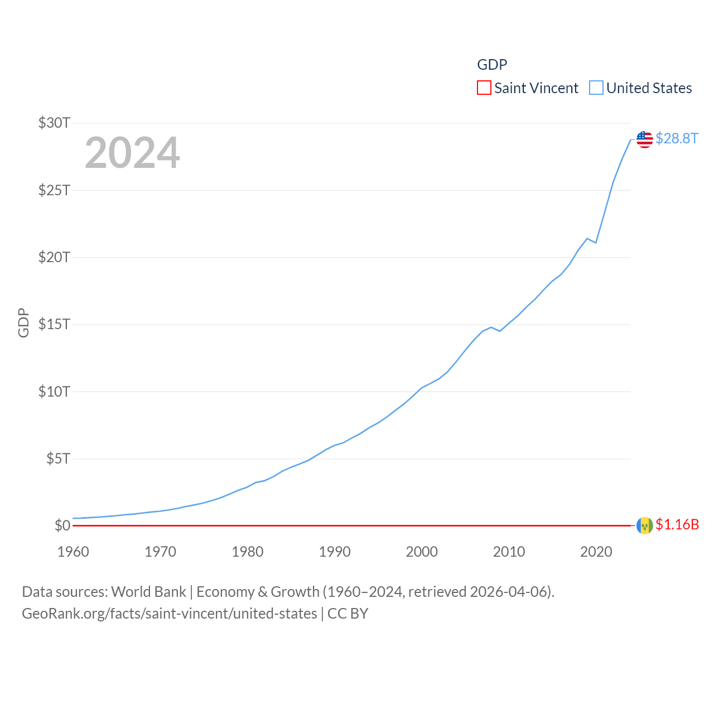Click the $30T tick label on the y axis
pos(54,123)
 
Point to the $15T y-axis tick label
pos(54,324)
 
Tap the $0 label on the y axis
pos(62,525)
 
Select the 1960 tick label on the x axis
pos(73,552)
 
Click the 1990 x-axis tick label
pos(335,552)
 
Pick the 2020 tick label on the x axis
pos(596,552)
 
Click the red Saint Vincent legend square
pos(484,88)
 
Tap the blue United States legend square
pos(596,88)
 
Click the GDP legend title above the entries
pos(492,65)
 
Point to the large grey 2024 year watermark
pos(132,153)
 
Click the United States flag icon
pos(644,139)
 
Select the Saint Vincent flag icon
pos(644,525)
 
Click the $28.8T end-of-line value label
pos(677,138)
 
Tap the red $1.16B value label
pos(677,525)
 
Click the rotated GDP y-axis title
pos(23,322)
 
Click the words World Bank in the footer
pos(148,592)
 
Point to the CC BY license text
pos(348,614)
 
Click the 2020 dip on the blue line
pos(596,243)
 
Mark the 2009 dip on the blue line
pos(500,331)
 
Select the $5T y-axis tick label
pos(58,459)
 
